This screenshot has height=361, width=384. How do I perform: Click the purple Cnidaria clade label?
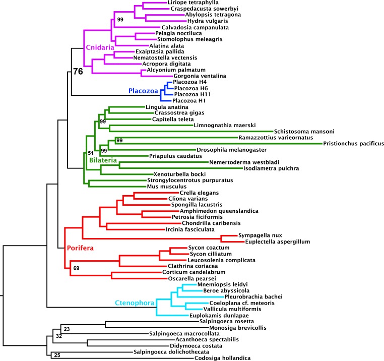100,47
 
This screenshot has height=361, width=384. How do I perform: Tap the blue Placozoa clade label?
143,91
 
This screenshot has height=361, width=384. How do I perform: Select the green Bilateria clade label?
103,160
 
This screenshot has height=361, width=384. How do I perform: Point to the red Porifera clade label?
80,248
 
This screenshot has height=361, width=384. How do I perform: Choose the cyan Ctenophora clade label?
135,303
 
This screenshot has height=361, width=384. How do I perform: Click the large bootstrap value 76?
78,71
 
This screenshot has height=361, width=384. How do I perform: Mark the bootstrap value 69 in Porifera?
77,268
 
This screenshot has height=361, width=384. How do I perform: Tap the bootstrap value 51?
91,153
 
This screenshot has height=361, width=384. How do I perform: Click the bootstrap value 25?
57,355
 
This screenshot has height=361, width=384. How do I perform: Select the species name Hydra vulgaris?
208,21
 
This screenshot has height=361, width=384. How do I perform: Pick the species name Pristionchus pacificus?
353,143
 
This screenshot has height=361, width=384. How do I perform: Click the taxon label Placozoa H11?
193,94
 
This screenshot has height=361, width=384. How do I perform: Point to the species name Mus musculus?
167,187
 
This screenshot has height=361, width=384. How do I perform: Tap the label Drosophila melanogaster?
232,150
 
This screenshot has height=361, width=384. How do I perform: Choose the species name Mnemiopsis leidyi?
223,284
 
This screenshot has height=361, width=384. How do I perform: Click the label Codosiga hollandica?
223,358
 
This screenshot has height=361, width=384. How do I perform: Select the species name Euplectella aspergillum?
278,242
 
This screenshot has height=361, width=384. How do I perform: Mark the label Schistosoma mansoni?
304,132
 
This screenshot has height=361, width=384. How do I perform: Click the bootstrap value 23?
67,329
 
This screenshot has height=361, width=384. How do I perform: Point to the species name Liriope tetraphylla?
193,3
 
